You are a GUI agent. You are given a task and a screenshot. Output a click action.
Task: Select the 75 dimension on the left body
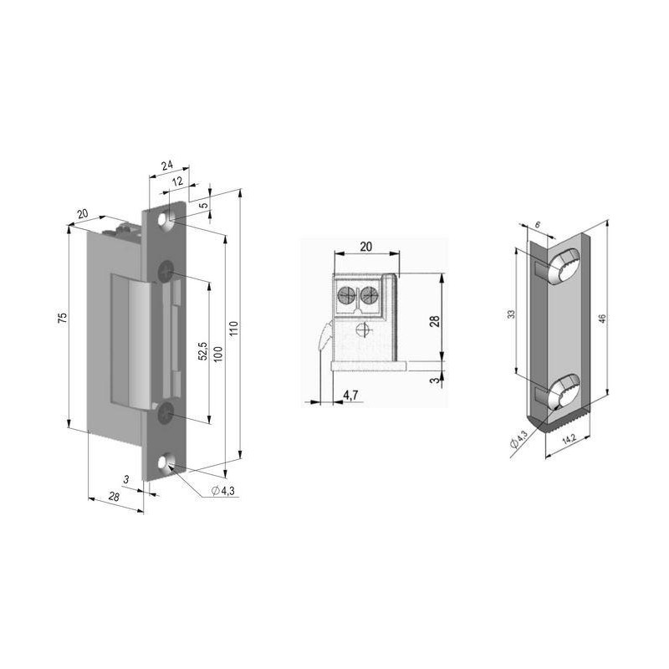62,319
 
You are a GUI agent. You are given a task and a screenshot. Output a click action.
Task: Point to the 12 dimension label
178,181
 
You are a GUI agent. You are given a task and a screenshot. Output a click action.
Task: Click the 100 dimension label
219,353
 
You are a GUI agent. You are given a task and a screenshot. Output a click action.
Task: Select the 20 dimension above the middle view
365,247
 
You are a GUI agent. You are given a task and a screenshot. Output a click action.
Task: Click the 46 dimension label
602,318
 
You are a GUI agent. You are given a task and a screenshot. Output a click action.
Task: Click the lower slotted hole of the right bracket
562,391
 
